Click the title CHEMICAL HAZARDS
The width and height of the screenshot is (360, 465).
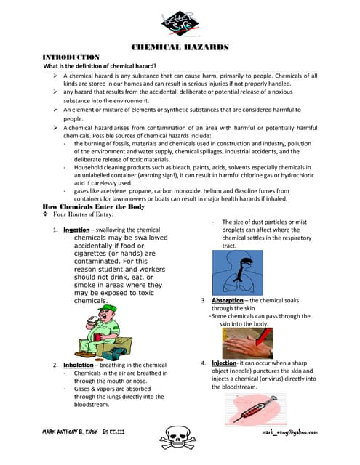(180, 47)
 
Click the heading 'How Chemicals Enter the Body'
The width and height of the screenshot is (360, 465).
(94, 206)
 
